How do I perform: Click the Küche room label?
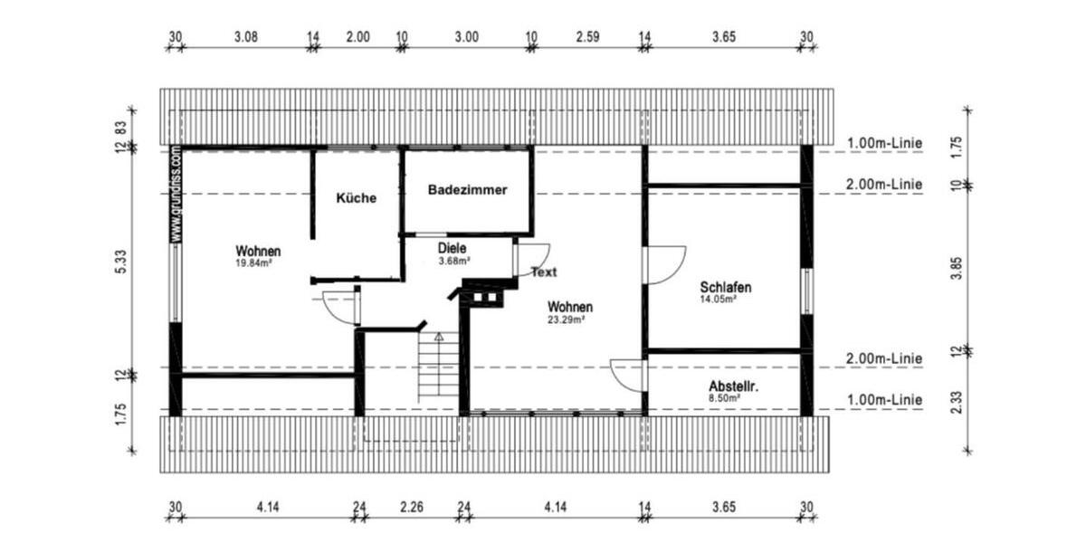[356, 198]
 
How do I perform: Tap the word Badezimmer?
[467, 191]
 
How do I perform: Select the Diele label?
[452, 248]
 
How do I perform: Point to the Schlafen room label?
[726, 287]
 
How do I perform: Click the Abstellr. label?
[732, 385]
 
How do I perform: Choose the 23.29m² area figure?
[566, 319]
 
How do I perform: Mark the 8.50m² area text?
[725, 396]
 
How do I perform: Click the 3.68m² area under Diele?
[453, 261]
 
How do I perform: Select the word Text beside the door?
[544, 271]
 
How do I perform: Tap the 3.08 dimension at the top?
[246, 37]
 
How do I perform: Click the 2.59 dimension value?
[587, 37]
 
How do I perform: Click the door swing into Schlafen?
[665, 263]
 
